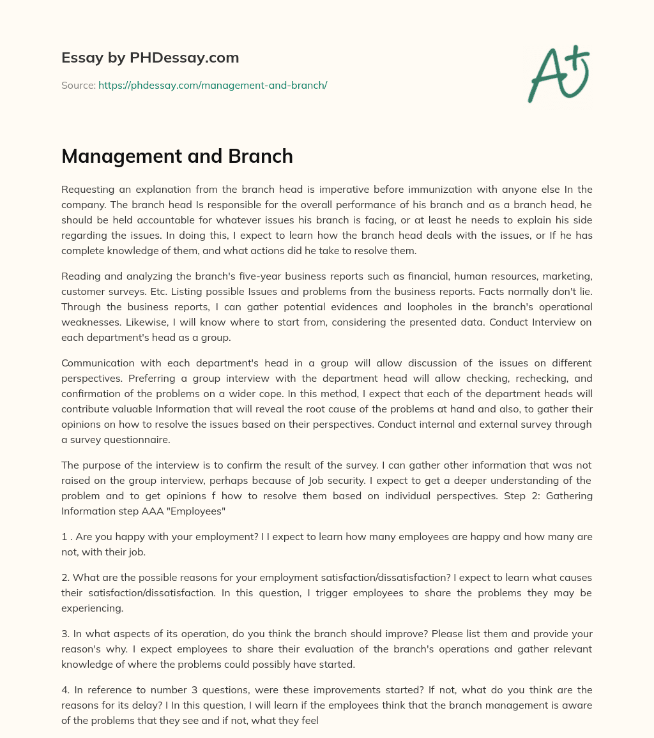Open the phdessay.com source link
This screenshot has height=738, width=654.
tap(213, 85)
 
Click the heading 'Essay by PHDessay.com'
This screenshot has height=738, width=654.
tap(150, 57)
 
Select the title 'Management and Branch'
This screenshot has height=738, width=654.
tap(177, 156)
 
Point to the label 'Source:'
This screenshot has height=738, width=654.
tap(78, 85)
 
